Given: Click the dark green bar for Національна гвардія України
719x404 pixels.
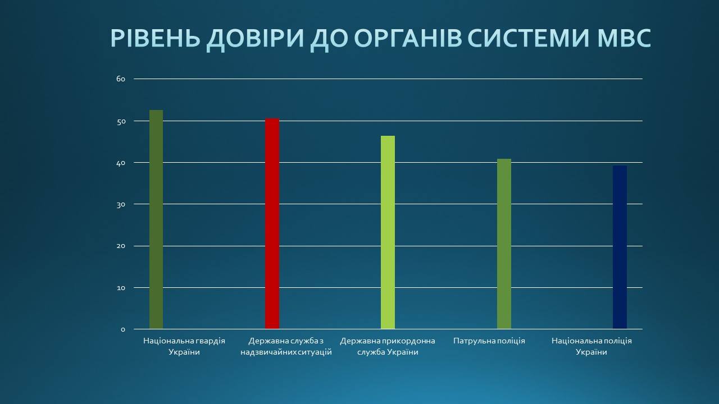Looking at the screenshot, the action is point(156,219).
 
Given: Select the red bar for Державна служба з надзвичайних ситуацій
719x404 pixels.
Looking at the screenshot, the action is point(272,223).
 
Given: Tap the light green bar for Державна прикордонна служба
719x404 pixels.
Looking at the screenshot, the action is point(388,232).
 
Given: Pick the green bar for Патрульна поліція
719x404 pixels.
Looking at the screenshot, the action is point(504,244).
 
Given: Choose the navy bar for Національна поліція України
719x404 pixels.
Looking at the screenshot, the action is point(620,247).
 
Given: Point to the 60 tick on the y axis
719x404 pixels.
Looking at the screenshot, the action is point(121,79).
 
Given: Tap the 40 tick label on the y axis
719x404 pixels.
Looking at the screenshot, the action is point(121,163).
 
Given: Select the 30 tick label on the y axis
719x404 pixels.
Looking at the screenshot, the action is point(121,205).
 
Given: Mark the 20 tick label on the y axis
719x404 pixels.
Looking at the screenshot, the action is point(121,246).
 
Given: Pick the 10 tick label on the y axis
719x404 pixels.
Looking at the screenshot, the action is point(121,288).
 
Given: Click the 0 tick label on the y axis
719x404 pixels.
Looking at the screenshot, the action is point(123,329).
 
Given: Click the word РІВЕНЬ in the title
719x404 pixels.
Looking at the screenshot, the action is point(156,39).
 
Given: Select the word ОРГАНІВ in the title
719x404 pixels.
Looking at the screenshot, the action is point(408,39).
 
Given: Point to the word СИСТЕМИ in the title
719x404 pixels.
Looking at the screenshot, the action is point(530,39).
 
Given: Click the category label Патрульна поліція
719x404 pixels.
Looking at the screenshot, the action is point(489,341).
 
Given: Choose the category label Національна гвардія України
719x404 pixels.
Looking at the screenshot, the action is point(184,346).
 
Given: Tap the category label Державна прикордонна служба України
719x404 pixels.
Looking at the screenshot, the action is point(388,346).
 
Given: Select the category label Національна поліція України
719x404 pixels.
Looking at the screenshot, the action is point(591,346).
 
